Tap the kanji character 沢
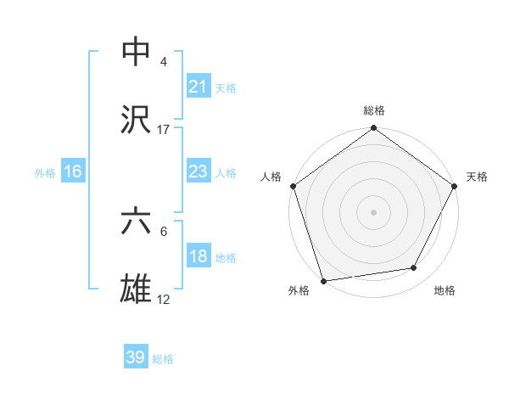[137, 119]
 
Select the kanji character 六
[137, 222]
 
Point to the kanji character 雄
[137, 289]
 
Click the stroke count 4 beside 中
[164, 61]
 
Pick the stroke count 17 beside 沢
[164, 129]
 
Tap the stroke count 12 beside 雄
[164, 300]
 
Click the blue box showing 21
[198, 87]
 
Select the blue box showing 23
[198, 172]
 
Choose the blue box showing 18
[198, 257]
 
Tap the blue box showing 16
[73, 172]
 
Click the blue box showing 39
[136, 357]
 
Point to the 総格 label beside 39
[163, 359]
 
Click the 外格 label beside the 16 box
[45, 173]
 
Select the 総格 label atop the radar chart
[373, 110]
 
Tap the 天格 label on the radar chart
[477, 177]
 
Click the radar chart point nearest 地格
[414, 268]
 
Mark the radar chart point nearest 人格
[293, 186]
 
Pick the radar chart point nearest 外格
[323, 280]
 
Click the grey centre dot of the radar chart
[373, 211]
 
